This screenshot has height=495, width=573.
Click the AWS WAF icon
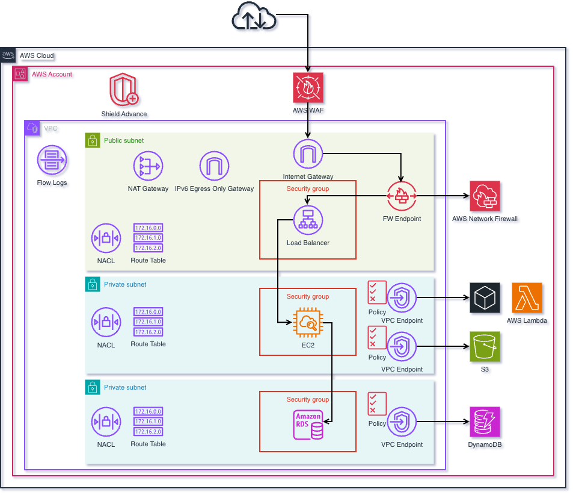click(x=308, y=87)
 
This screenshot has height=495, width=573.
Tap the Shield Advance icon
click(x=124, y=90)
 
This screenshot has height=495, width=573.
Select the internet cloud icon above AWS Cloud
click(x=254, y=17)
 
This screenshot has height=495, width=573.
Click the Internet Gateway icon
click(x=308, y=155)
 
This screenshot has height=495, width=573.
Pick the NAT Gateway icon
click(x=148, y=166)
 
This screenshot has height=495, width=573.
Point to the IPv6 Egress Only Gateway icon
click(x=214, y=166)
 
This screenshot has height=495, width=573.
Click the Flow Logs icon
click(x=52, y=161)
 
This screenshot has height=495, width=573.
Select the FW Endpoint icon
click(x=402, y=196)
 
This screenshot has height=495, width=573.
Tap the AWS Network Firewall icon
click(x=485, y=196)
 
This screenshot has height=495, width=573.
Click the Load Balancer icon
click(x=308, y=220)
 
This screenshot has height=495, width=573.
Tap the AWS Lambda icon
click(x=527, y=297)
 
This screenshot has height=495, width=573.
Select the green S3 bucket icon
click(x=485, y=346)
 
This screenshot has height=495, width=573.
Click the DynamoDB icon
click(x=485, y=422)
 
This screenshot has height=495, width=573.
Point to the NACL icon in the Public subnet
click(x=106, y=239)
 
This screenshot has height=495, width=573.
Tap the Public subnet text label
click(x=124, y=140)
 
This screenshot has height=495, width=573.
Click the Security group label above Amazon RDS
click(x=307, y=399)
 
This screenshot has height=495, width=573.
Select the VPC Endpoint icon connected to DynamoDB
click(x=402, y=422)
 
